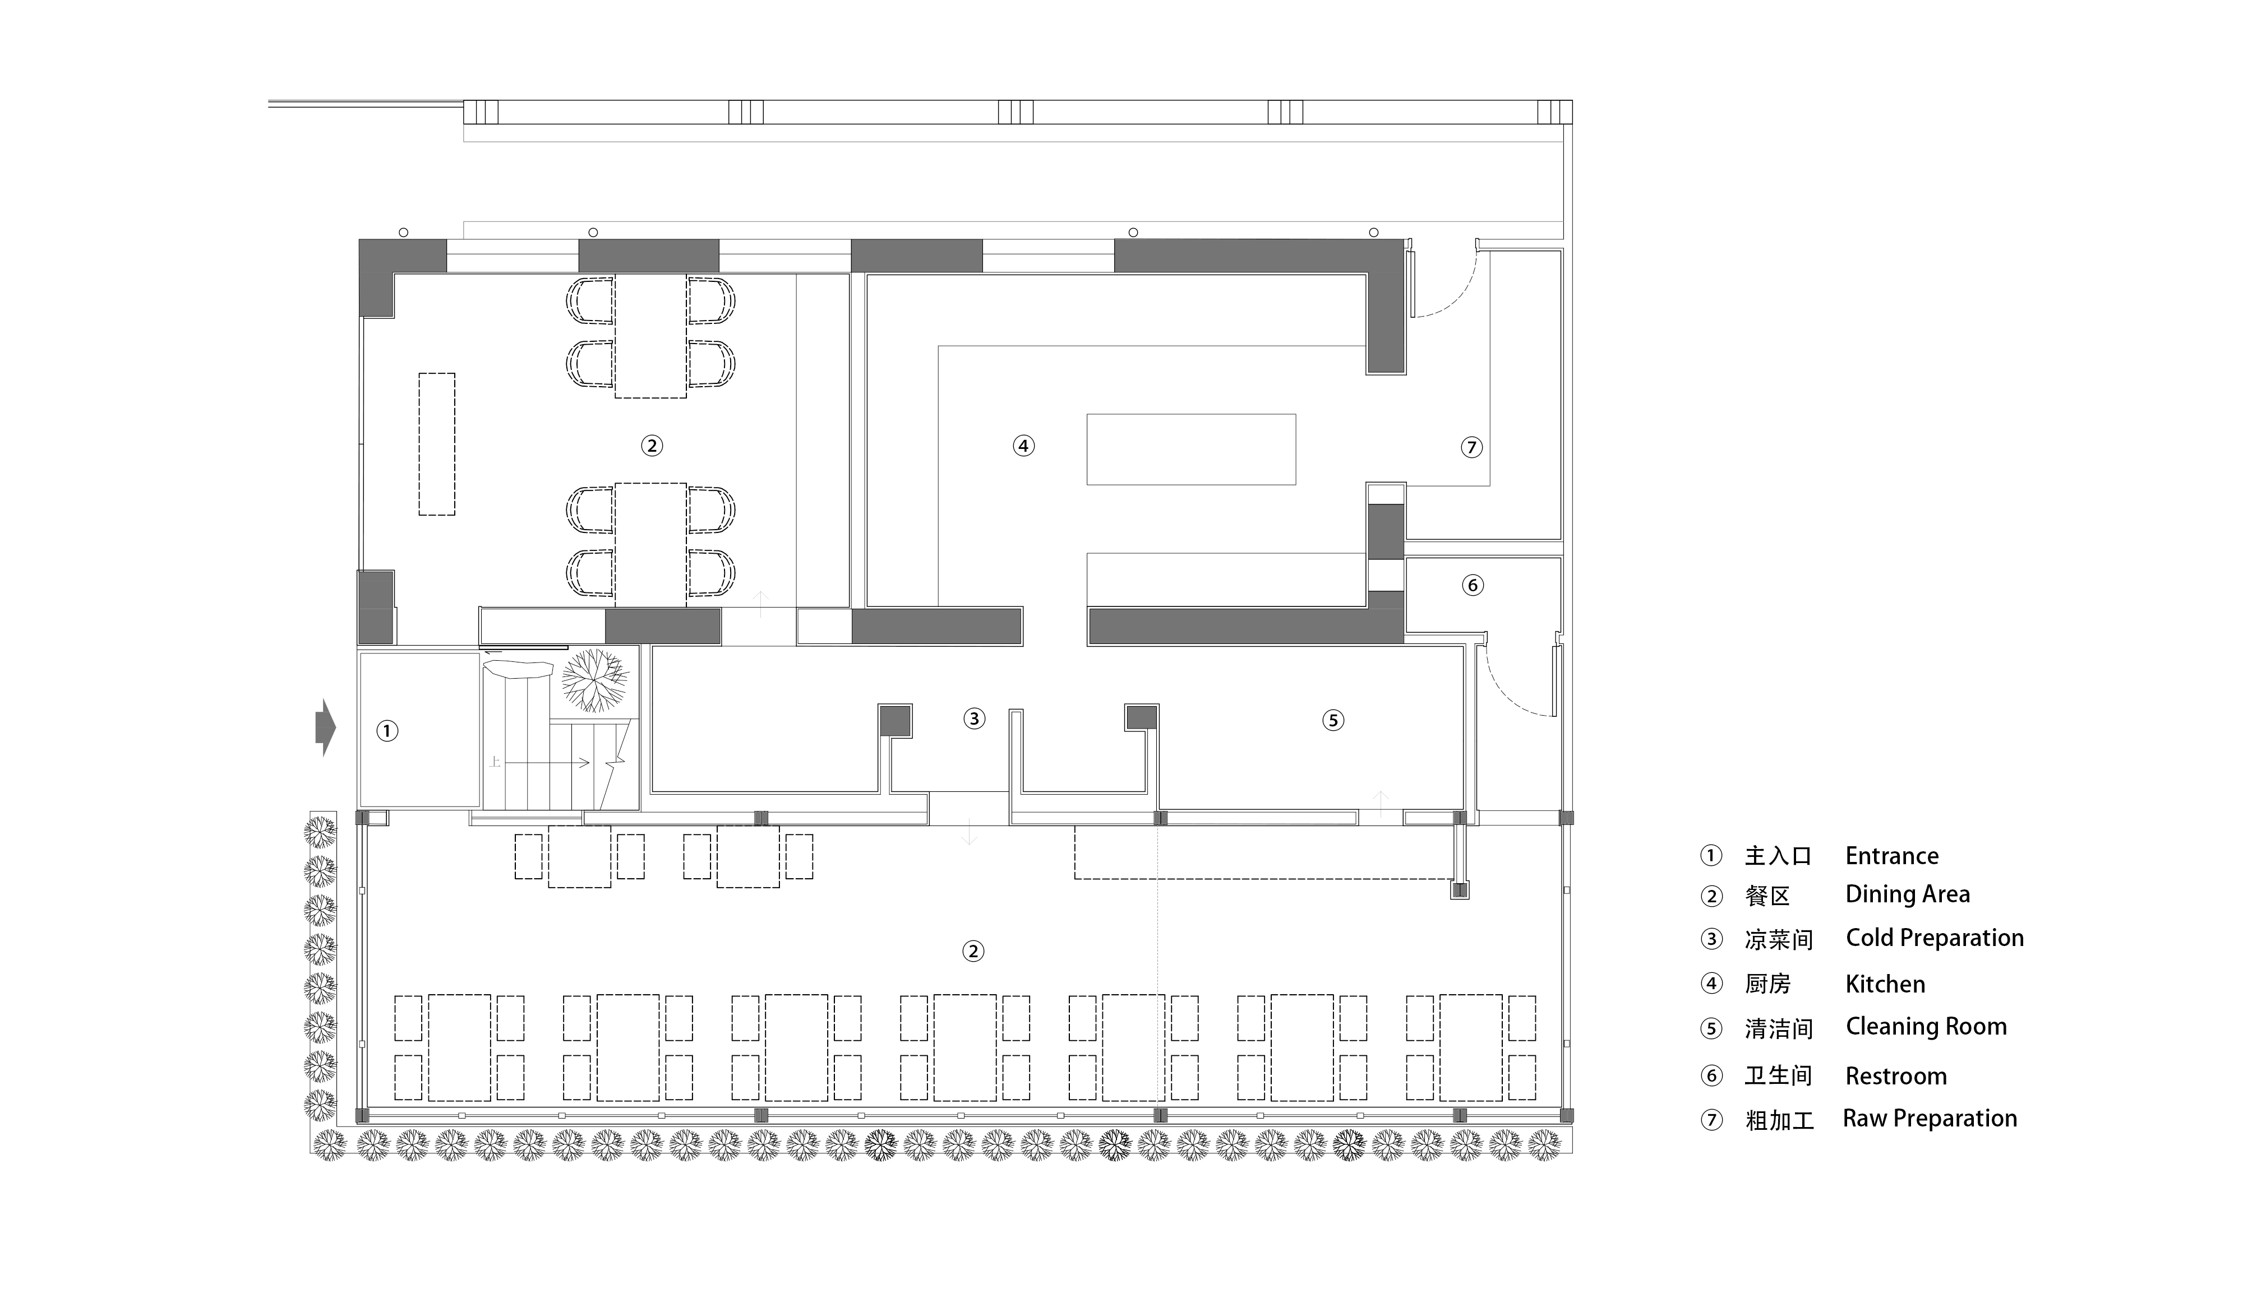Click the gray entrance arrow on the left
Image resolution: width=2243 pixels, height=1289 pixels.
326,727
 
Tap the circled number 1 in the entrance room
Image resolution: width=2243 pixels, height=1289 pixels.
387,731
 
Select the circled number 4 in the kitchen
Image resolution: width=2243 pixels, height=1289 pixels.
1024,446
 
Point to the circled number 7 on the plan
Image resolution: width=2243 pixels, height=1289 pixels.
1472,447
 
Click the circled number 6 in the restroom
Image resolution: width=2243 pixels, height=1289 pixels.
1473,585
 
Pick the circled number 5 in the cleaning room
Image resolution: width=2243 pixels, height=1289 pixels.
1333,721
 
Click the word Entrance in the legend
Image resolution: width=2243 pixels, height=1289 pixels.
1893,856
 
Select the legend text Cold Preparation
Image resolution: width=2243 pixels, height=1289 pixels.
1935,938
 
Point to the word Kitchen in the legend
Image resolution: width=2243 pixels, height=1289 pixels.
1885,985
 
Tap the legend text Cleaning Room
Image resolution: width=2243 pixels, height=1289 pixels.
1926,1027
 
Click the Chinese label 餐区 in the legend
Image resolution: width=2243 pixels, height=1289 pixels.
1767,896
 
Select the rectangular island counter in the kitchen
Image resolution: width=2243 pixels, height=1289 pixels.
1191,449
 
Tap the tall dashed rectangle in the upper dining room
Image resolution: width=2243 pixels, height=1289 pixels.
437,444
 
